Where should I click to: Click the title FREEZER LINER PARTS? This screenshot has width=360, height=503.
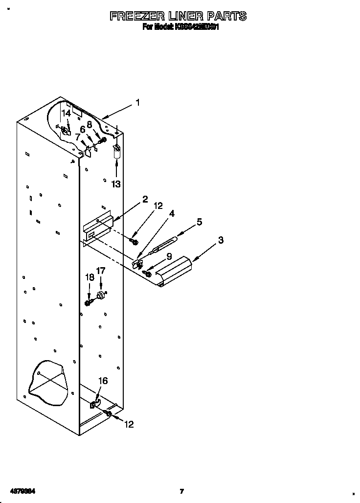coord(178,16)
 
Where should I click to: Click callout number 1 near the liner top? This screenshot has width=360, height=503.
coord(137,103)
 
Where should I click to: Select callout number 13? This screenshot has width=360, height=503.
coord(116,184)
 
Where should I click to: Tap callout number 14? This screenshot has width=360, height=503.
coord(66,113)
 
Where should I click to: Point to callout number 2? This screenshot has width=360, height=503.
coord(145,199)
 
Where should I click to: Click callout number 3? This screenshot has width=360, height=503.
coord(221,240)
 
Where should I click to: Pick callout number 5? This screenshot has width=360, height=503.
coord(199,221)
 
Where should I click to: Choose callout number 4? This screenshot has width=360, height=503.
coord(172,213)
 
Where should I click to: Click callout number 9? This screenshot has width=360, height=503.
coord(169,255)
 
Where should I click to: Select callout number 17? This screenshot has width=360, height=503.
coord(100,270)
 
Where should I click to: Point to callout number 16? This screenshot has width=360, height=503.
coord(103,381)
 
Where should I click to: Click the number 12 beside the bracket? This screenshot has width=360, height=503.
coord(157,206)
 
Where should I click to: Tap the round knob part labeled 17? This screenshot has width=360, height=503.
coord(102,296)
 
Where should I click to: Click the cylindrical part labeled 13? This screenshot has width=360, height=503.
coord(116,154)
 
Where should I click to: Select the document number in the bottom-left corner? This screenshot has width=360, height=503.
coord(22,491)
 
